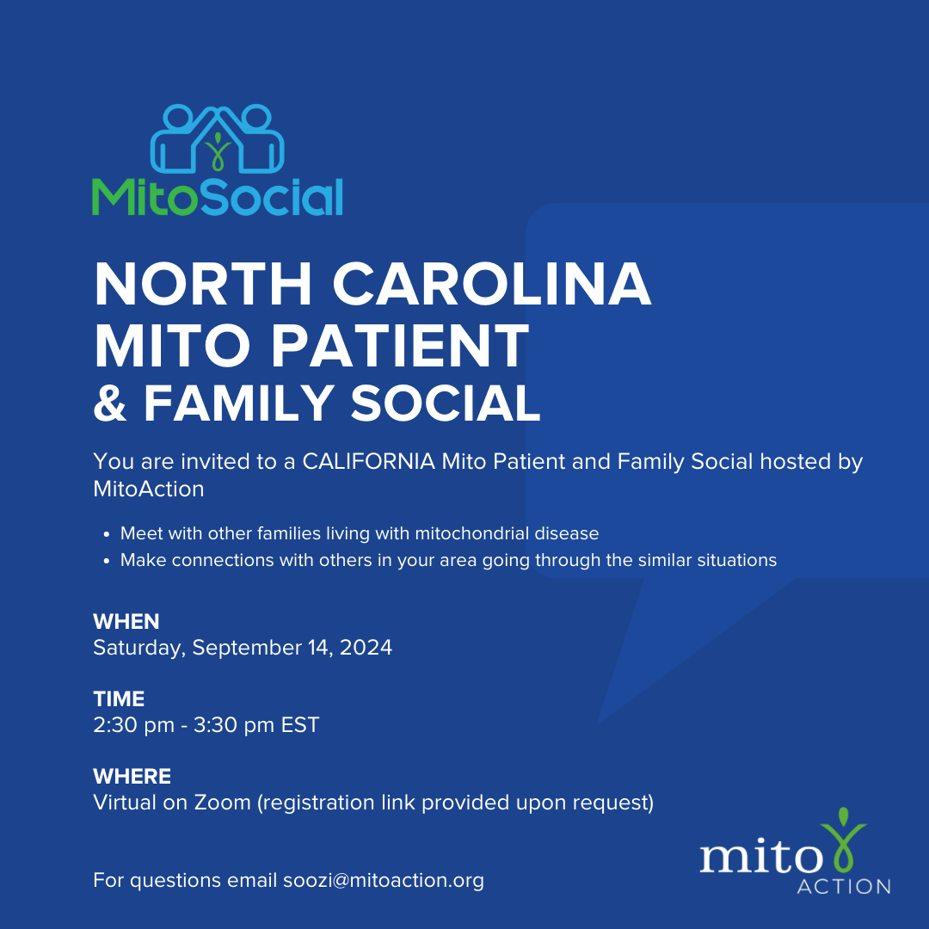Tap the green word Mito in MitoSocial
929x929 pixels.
click(145, 197)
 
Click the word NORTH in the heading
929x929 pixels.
click(203, 285)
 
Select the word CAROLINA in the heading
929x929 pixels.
click(492, 285)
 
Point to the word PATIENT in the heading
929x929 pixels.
click(400, 346)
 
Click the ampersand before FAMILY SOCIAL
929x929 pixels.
click(110, 403)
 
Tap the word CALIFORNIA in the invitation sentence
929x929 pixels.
click(368, 462)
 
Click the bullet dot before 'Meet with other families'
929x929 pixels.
click(107, 534)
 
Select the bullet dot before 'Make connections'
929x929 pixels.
click(107, 561)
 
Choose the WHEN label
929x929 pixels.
click(126, 622)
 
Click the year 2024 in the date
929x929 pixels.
click(366, 648)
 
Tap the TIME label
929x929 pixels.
click(119, 699)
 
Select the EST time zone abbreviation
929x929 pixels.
click(300, 725)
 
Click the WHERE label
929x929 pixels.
click(132, 777)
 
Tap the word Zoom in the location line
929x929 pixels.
click(223, 803)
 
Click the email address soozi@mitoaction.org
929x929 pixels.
click(384, 881)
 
